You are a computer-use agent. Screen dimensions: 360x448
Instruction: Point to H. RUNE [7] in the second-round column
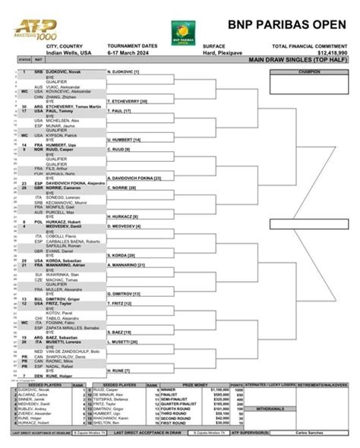118,371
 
